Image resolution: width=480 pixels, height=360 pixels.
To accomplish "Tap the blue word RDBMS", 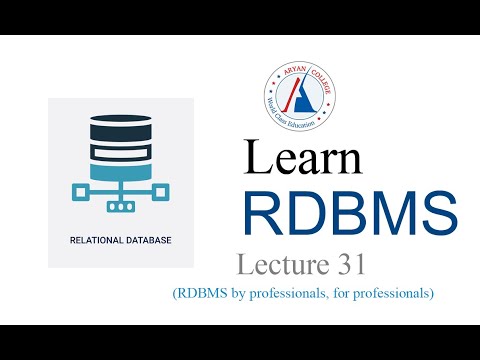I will point(349,211).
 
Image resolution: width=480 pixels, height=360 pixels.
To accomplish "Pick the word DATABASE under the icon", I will point(144,240).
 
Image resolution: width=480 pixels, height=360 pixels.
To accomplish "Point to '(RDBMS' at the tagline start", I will point(200,293).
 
